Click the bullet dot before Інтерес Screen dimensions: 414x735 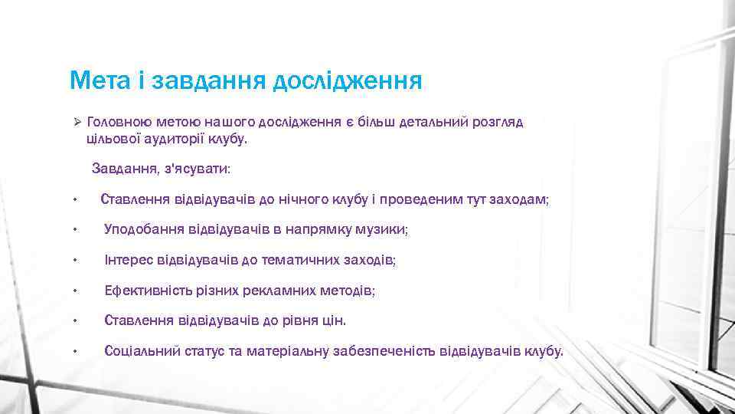point(75,261)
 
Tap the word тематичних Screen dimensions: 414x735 point(299,261)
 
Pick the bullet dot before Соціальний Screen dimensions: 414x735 point(75,352)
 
